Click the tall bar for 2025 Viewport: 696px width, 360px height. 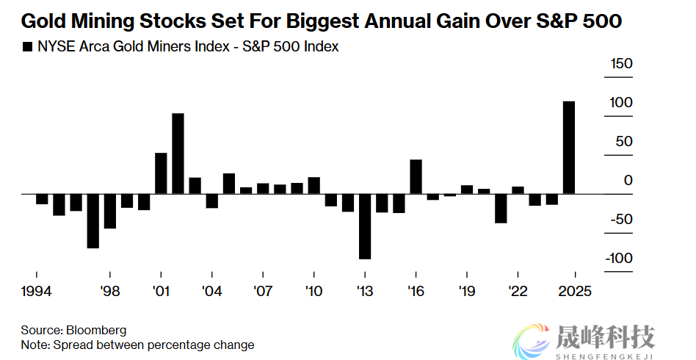[x=569, y=147]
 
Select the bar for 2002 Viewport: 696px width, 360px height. [x=178, y=154]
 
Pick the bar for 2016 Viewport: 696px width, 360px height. [x=416, y=176]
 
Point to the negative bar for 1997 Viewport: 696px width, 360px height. [x=93, y=220]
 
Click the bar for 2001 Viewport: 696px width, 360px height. [x=161, y=173]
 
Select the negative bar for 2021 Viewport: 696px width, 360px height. [x=501, y=208]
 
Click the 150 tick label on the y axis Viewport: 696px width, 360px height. [x=621, y=64]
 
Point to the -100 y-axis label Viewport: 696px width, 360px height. [x=618, y=258]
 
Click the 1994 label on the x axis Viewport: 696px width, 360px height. [x=36, y=291]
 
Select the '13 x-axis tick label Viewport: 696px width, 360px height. [x=364, y=291]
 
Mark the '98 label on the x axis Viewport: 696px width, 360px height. [x=110, y=291]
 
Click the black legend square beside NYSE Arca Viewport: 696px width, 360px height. [x=28, y=47]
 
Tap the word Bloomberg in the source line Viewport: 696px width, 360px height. [x=96, y=331]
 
